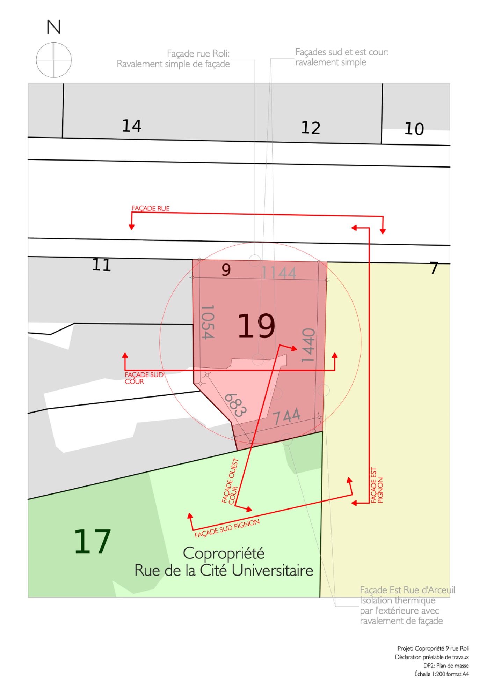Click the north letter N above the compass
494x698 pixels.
click(54, 27)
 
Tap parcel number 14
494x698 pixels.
click(132, 126)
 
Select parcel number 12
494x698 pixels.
click(311, 128)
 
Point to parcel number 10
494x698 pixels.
click(414, 129)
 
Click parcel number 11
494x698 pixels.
click(102, 265)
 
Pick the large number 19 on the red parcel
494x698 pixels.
click(256, 326)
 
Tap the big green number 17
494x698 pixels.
click(93, 541)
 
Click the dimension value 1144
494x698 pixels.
click(279, 273)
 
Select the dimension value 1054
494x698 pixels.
click(208, 322)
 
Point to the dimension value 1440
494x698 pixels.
click(308, 345)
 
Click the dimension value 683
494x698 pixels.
click(235, 405)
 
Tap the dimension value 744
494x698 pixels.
click(286, 416)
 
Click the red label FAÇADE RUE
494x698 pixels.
click(151, 208)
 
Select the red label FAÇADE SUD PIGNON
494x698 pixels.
click(227, 528)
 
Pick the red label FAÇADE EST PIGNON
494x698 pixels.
click(377, 485)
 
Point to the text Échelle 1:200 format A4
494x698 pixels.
click(442, 674)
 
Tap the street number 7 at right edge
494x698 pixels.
click(434, 268)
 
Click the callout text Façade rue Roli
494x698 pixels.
click(198, 53)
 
